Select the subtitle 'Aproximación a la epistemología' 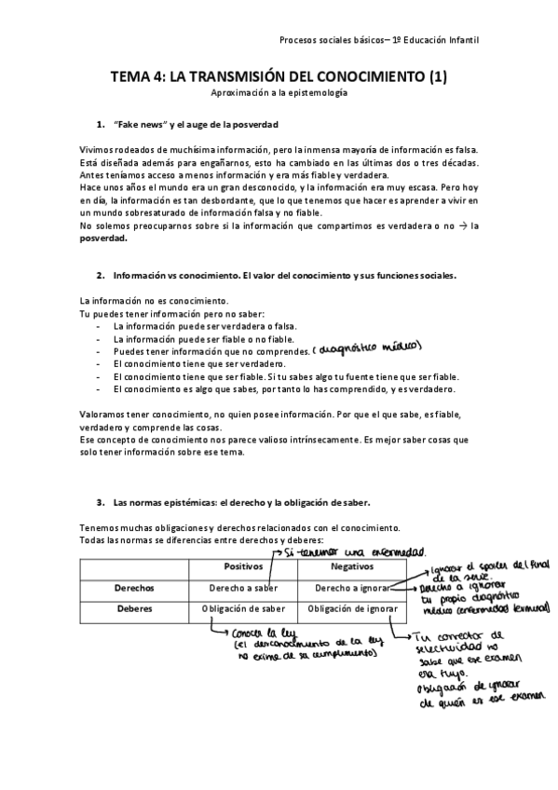pyautogui.click(x=279, y=95)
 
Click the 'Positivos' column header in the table pyautogui.click(x=244, y=566)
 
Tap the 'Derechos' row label pyautogui.click(x=134, y=589)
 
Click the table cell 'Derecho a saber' pyautogui.click(x=244, y=589)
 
